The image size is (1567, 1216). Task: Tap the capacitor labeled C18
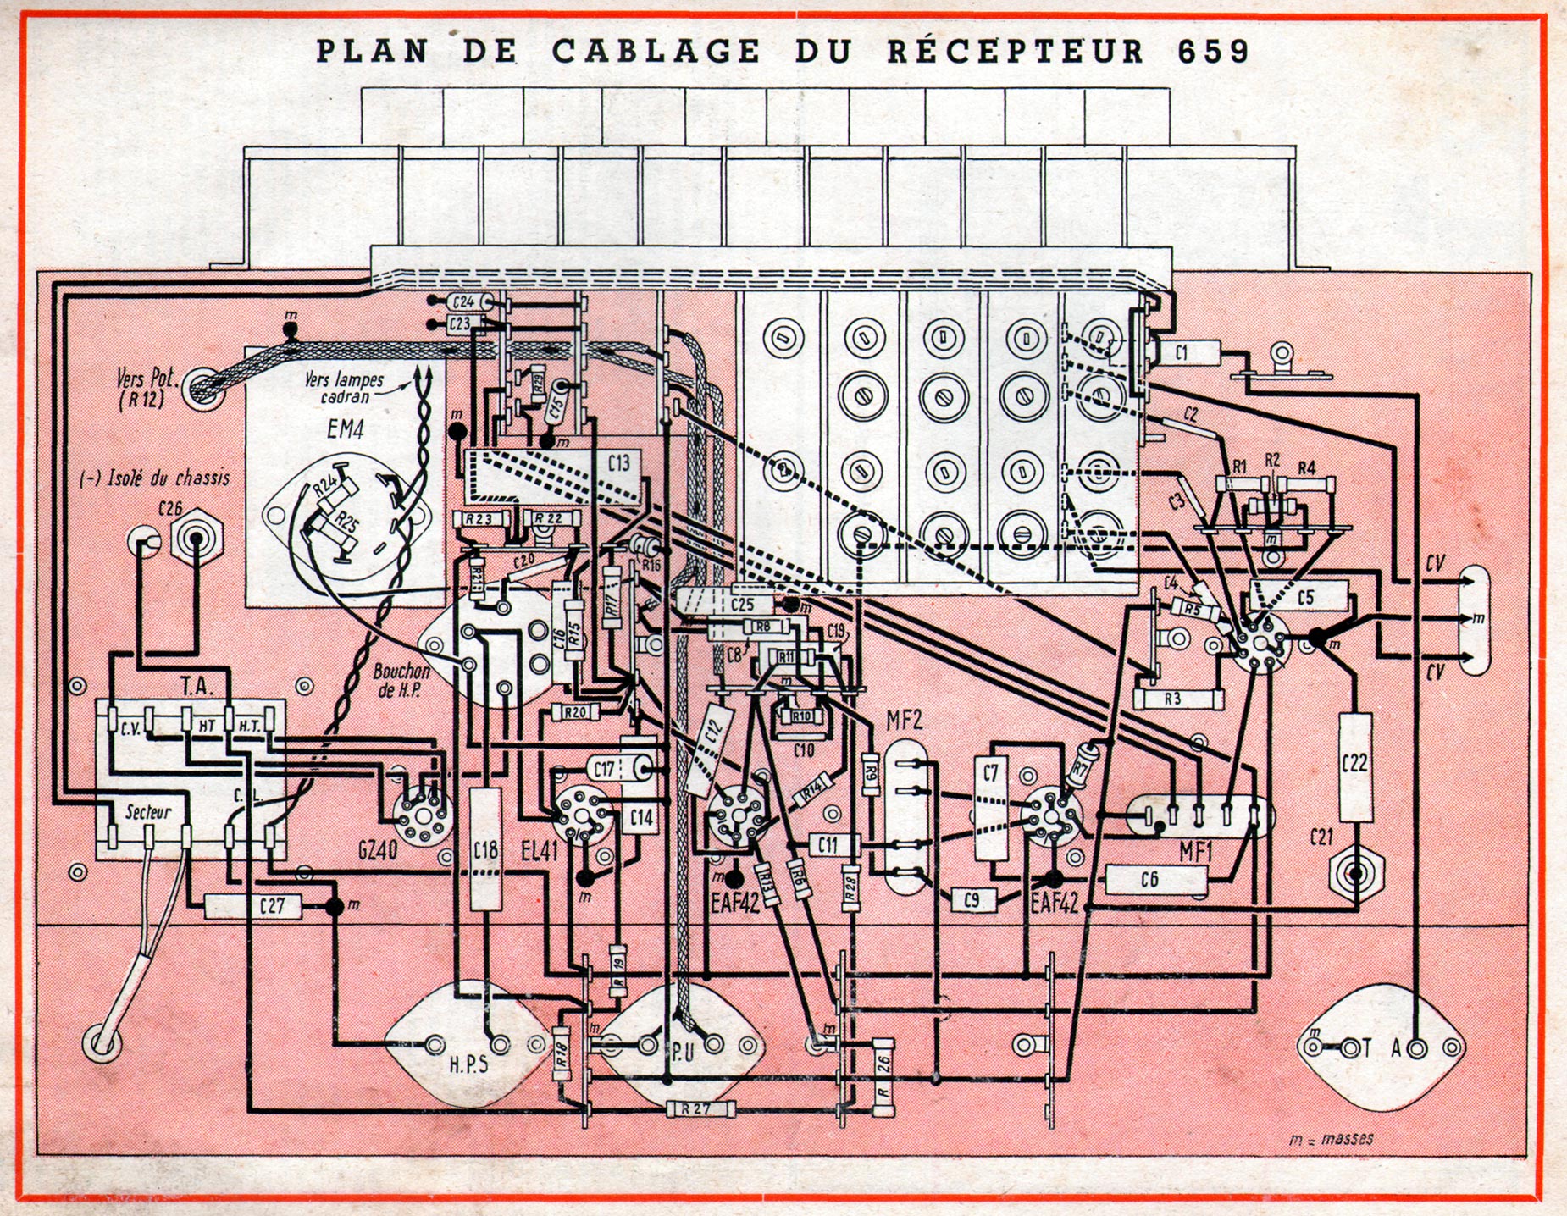485,848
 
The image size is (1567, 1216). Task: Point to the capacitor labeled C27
272,906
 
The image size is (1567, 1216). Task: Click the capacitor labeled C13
619,463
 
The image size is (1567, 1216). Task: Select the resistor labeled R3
1171,699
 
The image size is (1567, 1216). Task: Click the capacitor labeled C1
1182,352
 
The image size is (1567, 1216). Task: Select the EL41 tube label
539,850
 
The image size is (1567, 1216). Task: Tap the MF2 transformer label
904,721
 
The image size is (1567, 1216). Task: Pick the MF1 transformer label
1194,851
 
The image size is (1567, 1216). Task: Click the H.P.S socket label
468,1063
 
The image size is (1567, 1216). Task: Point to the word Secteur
148,812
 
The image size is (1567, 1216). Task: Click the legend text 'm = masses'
1331,1139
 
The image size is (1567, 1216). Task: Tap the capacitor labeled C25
740,605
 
